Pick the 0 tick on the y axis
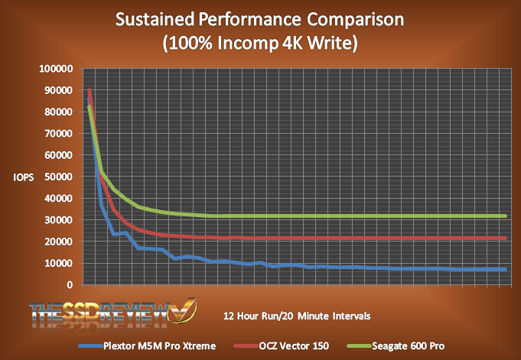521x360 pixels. (70, 285)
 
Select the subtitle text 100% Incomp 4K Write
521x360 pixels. (260, 44)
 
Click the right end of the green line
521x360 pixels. (506, 216)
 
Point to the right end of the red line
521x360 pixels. (506, 238)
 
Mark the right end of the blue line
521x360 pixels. (506, 269)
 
